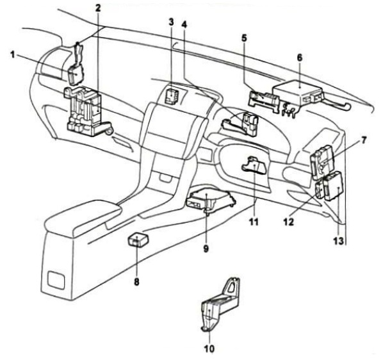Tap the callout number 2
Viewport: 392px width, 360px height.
point(98,8)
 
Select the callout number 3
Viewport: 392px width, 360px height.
point(171,21)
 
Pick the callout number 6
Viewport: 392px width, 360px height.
point(298,57)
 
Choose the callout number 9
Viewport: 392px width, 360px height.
point(206,248)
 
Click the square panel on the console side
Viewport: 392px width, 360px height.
point(56,279)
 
